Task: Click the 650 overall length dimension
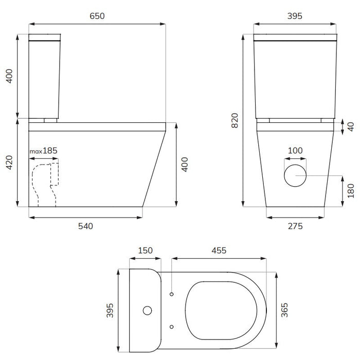pyautogui.click(x=97, y=16)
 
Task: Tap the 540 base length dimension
pyautogui.click(x=85, y=226)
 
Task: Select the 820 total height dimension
pyautogui.click(x=235, y=120)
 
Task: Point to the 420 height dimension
pyautogui.click(x=9, y=163)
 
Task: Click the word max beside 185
pyautogui.click(x=36, y=152)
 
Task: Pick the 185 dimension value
pyautogui.click(x=50, y=151)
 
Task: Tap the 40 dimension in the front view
pyautogui.click(x=351, y=127)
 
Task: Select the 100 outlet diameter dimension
pyautogui.click(x=295, y=151)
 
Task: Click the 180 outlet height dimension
pyautogui.click(x=351, y=191)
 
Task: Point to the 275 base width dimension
pyautogui.click(x=295, y=226)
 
